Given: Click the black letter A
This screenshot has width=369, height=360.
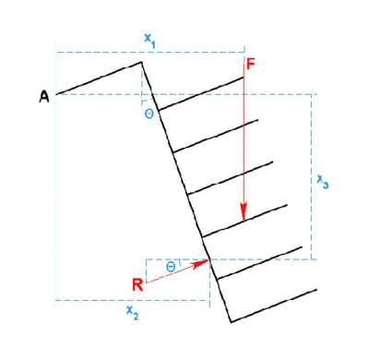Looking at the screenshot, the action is (44, 97).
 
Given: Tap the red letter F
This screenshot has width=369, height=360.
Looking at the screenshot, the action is (251, 65).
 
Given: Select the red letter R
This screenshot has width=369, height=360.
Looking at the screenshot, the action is (137, 284).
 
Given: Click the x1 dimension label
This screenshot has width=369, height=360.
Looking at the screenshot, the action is (149, 41).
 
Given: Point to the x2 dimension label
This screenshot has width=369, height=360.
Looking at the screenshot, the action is (132, 313).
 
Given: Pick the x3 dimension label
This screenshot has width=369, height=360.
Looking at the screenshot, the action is (323, 181).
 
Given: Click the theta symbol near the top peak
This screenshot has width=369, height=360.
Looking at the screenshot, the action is (149, 114).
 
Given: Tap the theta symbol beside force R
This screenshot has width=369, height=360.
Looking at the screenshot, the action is (171, 267).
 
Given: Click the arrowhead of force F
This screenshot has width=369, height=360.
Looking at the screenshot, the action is (244, 211).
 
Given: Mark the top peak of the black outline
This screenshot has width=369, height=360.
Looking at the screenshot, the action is (141, 62).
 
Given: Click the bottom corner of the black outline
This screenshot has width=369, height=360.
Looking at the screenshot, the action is (231, 322).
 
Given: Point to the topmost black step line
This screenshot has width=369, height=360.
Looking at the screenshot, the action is (201, 93).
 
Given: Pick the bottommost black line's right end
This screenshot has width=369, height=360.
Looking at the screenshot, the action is (316, 289).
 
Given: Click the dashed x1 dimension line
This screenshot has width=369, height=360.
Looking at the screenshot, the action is (150, 53).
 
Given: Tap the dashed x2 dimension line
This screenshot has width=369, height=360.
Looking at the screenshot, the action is (133, 300).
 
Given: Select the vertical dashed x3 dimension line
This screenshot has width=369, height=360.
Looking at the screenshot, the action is (312, 177).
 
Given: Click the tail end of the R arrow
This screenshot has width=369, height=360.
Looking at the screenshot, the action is (147, 282).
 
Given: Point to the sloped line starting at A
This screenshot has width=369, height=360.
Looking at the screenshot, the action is (99, 78).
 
